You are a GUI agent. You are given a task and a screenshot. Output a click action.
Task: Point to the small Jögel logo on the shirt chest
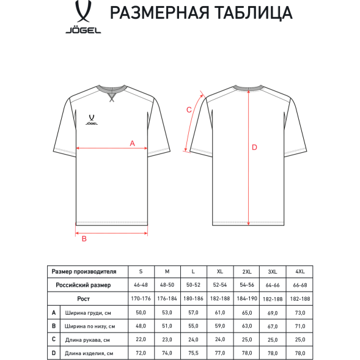pos(90,117)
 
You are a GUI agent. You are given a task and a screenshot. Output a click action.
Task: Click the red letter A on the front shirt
pos(132,144)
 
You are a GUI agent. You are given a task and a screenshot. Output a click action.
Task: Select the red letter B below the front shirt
pos(84,239)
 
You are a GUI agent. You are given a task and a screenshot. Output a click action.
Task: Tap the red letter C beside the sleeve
pos(189,109)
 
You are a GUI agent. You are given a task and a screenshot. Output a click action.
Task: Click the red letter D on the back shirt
pos(255,147)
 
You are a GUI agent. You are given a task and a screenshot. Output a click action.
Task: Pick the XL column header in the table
pos(219,271)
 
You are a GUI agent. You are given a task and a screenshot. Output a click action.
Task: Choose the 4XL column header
pos(299,271)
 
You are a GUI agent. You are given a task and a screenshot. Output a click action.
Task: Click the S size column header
pos(141,271)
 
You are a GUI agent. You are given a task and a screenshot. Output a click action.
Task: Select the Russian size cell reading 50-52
pos(193,285)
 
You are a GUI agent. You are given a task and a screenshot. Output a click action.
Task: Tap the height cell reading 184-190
pos(246,299)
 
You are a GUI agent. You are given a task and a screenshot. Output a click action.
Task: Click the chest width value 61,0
pos(219,312)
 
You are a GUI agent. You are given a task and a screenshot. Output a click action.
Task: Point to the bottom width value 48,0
pos(141,326)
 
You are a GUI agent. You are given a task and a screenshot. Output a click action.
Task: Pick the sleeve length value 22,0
pos(141,340)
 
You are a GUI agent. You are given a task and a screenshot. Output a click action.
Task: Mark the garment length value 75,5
pos(193,353)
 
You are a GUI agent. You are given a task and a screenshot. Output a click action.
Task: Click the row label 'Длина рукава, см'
pos(89,340)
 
